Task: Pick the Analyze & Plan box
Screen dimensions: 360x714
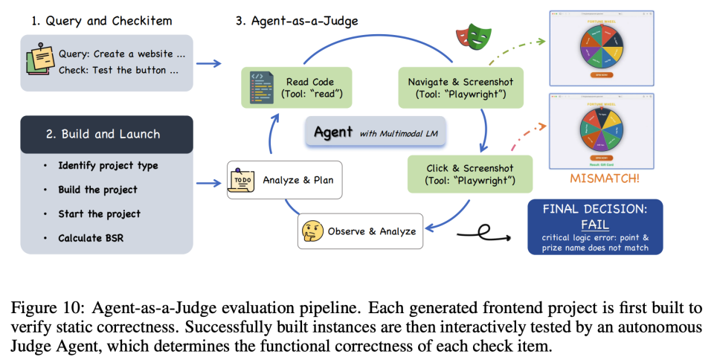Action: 284,180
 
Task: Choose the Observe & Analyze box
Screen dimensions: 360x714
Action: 359,231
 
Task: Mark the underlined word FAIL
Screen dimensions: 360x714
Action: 595,225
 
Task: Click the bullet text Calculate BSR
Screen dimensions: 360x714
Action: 99,238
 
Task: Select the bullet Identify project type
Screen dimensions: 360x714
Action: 108,165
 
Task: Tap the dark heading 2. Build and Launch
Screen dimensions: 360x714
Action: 108,134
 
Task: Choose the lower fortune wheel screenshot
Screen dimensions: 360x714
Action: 600,132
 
